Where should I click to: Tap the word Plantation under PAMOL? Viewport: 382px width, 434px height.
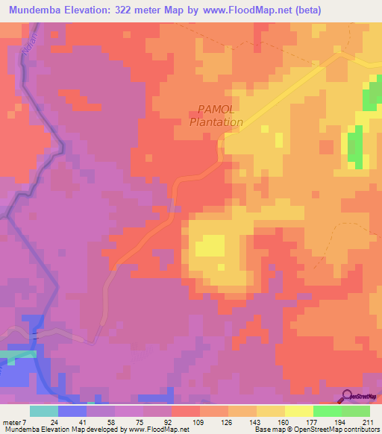tap(216, 122)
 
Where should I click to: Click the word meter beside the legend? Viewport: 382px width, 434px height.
tap(13, 421)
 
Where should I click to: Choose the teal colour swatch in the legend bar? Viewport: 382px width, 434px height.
tap(44, 411)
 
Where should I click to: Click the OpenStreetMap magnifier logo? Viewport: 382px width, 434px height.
tap(348, 396)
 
